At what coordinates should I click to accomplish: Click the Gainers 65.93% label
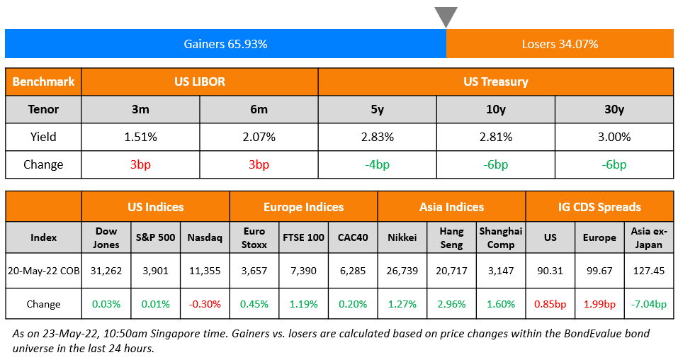pos(225,44)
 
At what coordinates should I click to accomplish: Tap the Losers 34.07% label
pos(560,44)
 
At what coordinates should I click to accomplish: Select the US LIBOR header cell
pos(200,81)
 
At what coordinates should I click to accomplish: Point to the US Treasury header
pos(495,81)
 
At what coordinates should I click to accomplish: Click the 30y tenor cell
pos(614,109)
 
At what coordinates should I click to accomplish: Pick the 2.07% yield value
pos(259,137)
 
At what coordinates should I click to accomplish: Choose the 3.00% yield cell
pos(614,137)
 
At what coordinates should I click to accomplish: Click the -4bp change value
pos(377,164)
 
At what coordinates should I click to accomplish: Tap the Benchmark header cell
pos(43,81)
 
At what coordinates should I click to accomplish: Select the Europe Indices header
pos(303,207)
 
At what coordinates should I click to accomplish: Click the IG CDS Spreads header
pos(599,207)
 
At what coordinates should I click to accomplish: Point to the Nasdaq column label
pos(205,237)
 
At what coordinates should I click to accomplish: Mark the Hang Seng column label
pos(451,237)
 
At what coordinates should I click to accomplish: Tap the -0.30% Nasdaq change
pos(205,304)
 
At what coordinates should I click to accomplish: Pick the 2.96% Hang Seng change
pos(451,304)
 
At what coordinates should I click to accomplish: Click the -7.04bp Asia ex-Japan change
pos(649,304)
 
